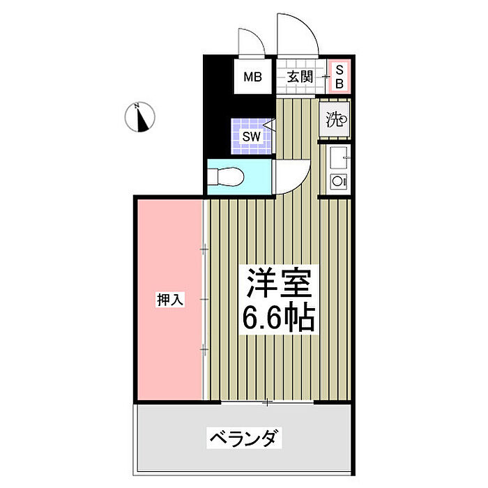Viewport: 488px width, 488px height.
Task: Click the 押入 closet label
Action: click(169, 300)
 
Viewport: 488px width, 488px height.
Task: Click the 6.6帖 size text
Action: click(277, 319)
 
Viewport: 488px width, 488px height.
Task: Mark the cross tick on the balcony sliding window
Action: click(267, 402)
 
